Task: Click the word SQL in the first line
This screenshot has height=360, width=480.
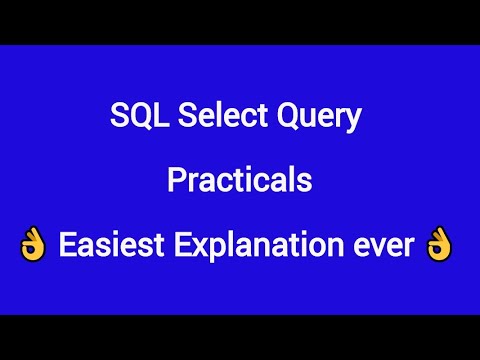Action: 133,118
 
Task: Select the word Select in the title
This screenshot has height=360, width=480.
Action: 205,118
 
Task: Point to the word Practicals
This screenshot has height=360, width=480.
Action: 239,181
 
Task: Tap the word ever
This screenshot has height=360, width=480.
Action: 384,245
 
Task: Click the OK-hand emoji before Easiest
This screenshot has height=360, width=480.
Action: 32,244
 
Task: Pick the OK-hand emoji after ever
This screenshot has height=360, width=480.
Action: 438,244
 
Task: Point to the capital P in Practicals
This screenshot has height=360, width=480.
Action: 176,181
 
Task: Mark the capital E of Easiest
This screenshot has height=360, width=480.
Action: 66,244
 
